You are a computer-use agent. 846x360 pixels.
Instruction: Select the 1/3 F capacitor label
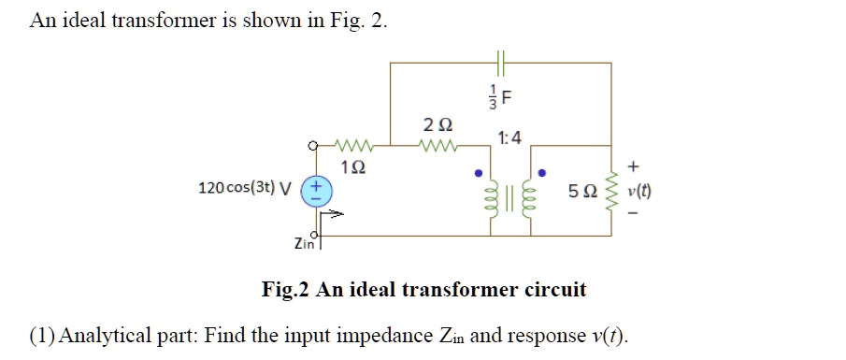click(x=503, y=97)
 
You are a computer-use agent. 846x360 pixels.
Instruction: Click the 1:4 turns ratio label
click(x=510, y=139)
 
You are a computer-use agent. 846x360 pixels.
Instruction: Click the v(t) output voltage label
click(x=640, y=194)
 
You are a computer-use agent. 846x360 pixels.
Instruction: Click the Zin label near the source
click(x=304, y=243)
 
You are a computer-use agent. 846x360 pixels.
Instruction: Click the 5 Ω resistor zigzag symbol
click(x=614, y=194)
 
